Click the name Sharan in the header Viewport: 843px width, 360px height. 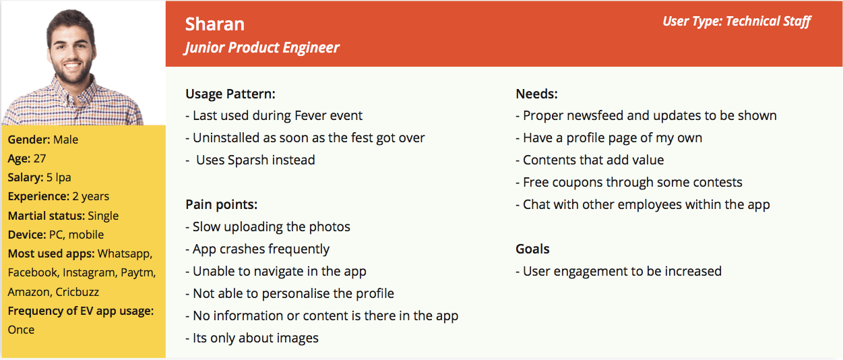pyautogui.click(x=214, y=24)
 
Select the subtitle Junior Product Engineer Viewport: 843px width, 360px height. pyautogui.click(x=261, y=48)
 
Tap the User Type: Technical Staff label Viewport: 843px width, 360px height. pyautogui.click(x=737, y=21)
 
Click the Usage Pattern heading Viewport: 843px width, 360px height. pyautogui.click(x=230, y=94)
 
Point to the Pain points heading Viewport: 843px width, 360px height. pyautogui.click(x=221, y=204)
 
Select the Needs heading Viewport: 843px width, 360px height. pyautogui.click(x=536, y=94)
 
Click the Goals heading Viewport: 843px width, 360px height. pyautogui.click(x=532, y=249)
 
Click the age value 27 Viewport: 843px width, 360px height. pyautogui.click(x=40, y=158)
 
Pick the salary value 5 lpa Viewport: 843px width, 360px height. pyautogui.click(x=59, y=177)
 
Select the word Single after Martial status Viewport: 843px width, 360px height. pyautogui.click(x=102, y=216)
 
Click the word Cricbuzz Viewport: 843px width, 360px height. pyautogui.click(x=77, y=292)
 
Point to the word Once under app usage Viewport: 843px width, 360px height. pyautogui.click(x=21, y=330)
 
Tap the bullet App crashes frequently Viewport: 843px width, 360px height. pyautogui.click(x=257, y=249)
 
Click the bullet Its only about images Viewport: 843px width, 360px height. pyautogui.click(x=252, y=338)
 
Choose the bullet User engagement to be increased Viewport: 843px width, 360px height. pyautogui.click(x=619, y=271)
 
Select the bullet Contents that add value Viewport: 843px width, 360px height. pyautogui.click(x=590, y=160)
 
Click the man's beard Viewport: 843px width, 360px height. pyautogui.click(x=71, y=74)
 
